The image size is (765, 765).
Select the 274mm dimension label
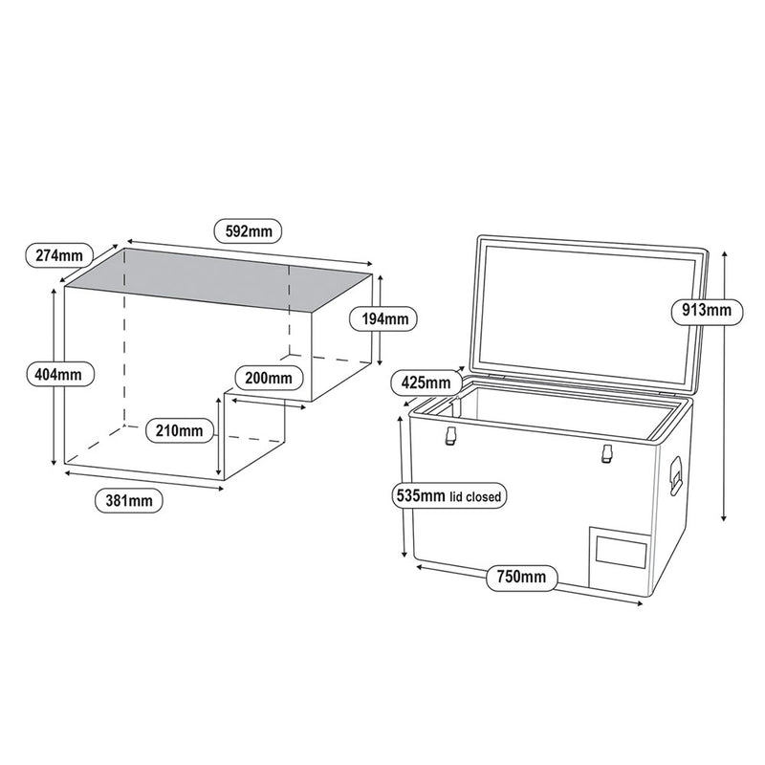pyautogui.click(x=56, y=255)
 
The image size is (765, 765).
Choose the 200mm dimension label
pyautogui.click(x=268, y=377)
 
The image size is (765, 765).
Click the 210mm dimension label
pyautogui.click(x=176, y=430)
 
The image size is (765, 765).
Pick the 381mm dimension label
pyautogui.click(x=127, y=500)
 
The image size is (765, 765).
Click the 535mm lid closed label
pyautogui.click(x=448, y=496)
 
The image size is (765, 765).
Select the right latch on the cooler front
pyautogui.click(x=605, y=456)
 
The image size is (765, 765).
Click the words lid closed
pyautogui.click(x=478, y=497)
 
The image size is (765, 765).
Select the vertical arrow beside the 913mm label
pyautogui.click(x=726, y=382)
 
